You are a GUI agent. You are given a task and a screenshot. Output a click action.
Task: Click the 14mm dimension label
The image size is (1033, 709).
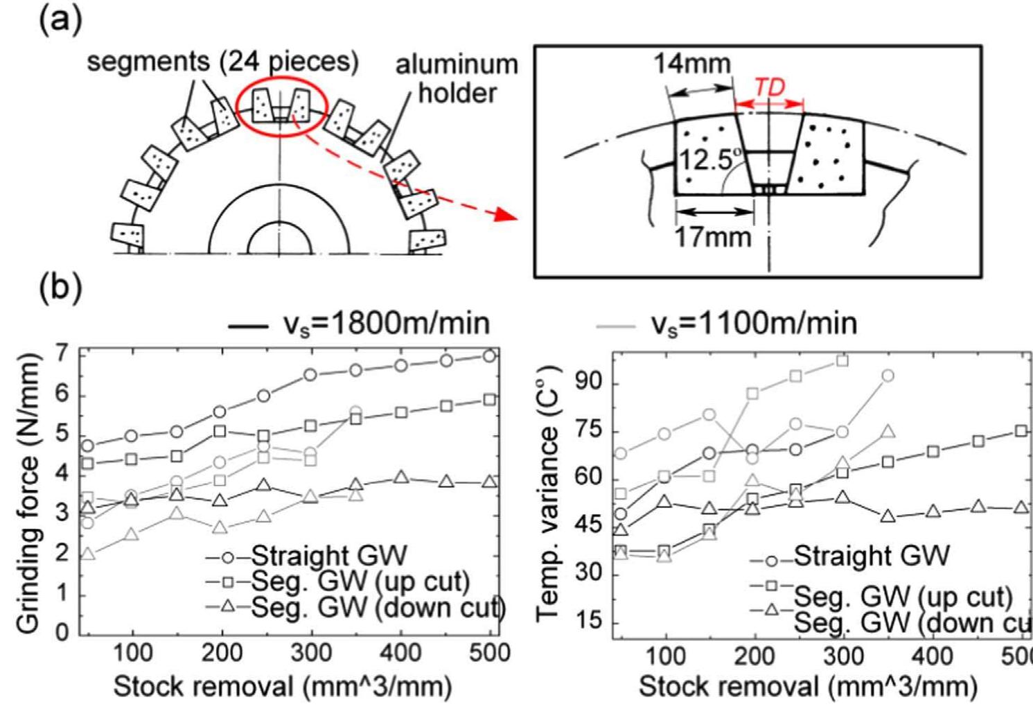coord(692,64)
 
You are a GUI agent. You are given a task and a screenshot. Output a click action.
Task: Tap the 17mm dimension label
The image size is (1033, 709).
coord(713,237)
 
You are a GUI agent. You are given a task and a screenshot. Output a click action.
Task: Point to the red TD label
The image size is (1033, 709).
coord(769,87)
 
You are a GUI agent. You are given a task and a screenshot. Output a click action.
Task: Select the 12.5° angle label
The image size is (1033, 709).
coord(705,161)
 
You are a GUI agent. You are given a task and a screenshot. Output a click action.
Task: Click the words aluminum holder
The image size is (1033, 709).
coord(457,78)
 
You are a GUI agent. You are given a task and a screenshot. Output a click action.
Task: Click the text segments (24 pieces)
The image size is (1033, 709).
coord(222,62)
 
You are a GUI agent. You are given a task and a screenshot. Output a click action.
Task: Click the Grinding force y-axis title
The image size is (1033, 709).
coord(28,493)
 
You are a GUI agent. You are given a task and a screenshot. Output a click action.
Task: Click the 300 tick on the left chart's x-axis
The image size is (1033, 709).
coord(312,654)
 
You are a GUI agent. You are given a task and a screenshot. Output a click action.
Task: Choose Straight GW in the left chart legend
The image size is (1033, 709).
coord(329,556)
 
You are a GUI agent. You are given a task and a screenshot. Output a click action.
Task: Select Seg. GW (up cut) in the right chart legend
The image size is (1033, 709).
coord(903,596)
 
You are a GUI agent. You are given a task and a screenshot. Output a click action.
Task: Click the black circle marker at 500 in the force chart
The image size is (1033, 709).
coord(489,356)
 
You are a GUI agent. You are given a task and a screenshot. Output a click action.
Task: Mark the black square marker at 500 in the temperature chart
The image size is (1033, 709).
coord(1021,431)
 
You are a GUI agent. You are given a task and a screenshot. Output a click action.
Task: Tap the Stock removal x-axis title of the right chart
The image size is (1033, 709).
coord(808,686)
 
